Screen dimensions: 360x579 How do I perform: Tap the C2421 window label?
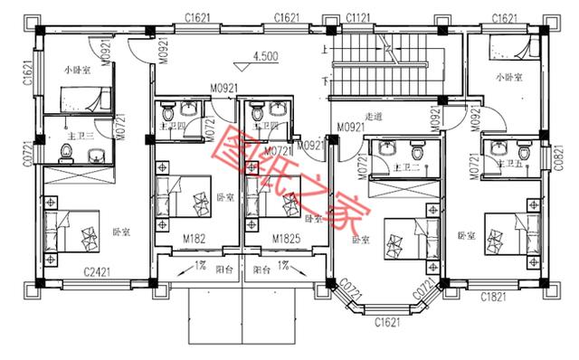coord(97,270)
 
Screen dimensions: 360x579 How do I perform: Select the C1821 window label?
coord(493,296)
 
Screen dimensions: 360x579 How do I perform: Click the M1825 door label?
coord(288,239)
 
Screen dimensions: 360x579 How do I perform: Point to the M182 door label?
coord(196,239)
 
